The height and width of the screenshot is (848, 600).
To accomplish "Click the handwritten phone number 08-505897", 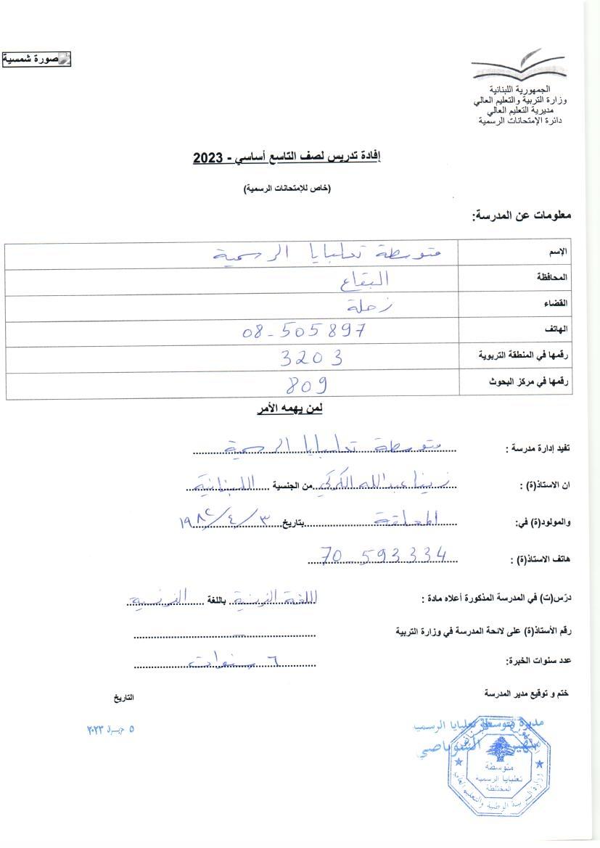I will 303,332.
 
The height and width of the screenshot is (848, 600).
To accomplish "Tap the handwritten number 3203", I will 311,357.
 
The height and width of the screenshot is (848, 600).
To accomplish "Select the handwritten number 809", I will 303,384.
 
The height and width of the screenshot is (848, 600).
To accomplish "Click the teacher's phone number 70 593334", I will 383,556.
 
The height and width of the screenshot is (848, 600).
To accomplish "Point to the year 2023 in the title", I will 209,157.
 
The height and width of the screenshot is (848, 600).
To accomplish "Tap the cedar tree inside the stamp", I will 497,749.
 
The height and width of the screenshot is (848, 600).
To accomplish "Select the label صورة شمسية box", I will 36,59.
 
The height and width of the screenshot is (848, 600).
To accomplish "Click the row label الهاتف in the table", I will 557,329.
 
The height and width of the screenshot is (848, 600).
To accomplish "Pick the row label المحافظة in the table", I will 554,277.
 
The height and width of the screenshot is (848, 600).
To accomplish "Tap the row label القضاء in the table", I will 556,303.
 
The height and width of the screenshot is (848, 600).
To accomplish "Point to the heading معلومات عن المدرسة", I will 522,215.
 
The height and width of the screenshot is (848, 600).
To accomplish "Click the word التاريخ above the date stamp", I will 123,697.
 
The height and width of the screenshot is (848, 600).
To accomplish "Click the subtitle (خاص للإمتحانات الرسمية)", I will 287,189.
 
